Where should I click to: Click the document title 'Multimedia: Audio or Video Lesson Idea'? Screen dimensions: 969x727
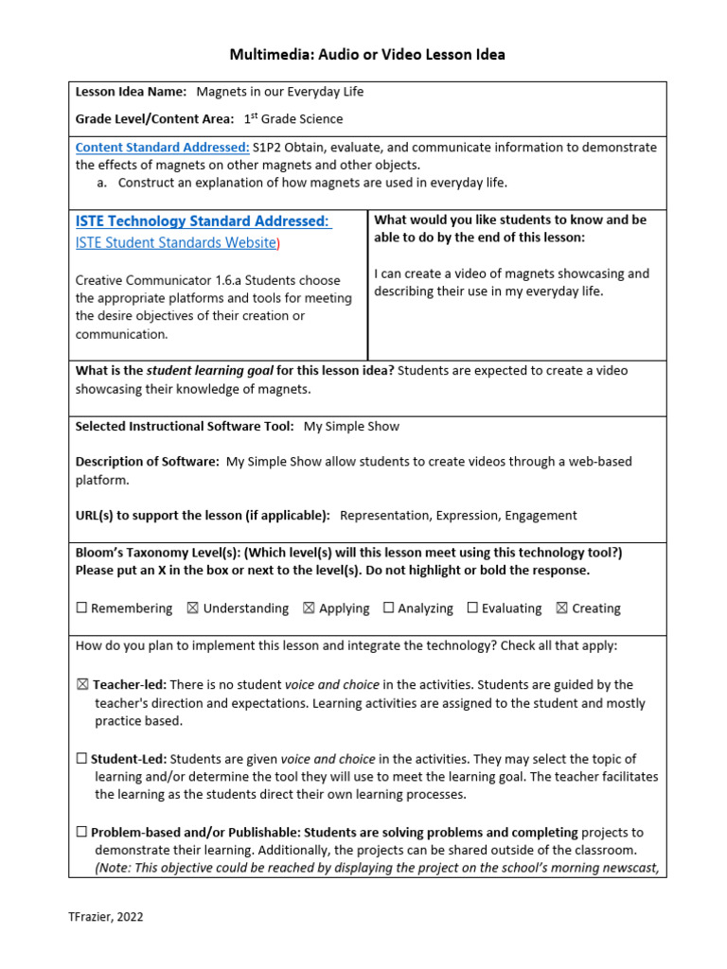[367, 55]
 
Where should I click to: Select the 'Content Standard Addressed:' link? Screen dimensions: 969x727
[162, 148]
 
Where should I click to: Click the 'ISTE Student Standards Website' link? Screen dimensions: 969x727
[174, 243]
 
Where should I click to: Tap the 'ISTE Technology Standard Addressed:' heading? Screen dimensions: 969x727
[203, 221]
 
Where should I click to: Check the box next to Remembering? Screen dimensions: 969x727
[81, 608]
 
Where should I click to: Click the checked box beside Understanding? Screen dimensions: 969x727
[193, 608]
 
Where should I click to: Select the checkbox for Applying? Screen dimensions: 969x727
[309, 608]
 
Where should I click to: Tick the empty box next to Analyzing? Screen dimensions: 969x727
[388, 608]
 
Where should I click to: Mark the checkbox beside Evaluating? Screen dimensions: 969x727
[472, 608]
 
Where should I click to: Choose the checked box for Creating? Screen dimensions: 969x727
[561, 608]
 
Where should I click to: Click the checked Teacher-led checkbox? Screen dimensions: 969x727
[81, 684]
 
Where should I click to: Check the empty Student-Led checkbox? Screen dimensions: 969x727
[81, 759]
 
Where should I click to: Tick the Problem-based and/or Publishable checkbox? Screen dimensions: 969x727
[81, 833]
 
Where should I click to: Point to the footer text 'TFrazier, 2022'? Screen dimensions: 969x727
[106, 917]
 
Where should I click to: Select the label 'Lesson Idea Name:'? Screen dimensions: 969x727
[131, 92]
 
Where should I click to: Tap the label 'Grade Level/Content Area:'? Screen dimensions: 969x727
[154, 119]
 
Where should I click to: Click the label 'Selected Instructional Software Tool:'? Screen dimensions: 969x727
[185, 427]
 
